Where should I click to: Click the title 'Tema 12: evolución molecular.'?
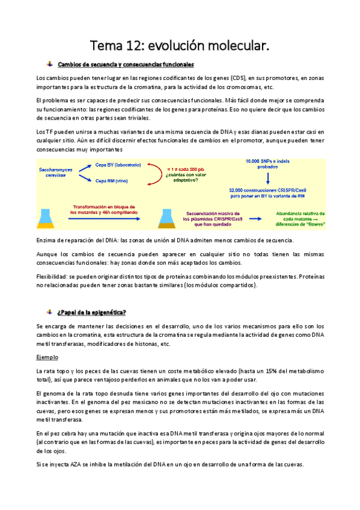pyautogui.click(x=180, y=46)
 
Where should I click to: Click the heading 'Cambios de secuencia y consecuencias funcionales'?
pyautogui.click(x=125, y=65)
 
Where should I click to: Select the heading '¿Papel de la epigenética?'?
pyautogui.click(x=91, y=312)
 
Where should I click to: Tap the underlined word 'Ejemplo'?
pyautogui.click(x=46, y=357)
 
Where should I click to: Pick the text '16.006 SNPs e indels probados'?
pyautogui.click(x=268, y=165)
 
